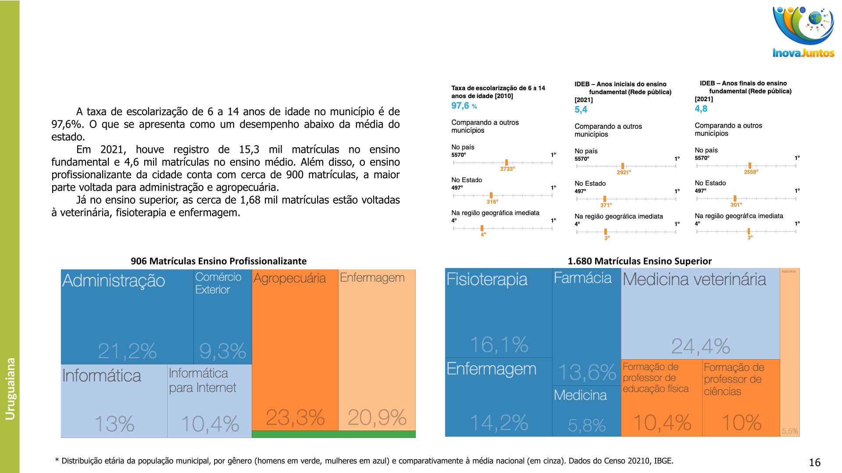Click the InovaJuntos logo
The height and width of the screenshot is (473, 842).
[x=803, y=33]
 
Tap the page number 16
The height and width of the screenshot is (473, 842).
[x=814, y=462]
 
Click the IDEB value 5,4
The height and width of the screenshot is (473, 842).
[x=581, y=109]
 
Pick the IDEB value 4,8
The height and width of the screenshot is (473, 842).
[x=701, y=109]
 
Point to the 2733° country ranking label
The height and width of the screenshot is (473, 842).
[x=507, y=169]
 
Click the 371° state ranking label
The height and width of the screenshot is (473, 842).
[x=606, y=205]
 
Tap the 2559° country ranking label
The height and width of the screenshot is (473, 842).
[x=751, y=172]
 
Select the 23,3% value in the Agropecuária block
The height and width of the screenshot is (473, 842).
[x=295, y=417]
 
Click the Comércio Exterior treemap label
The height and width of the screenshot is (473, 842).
[x=218, y=283]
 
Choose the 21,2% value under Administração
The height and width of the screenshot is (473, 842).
[x=127, y=350]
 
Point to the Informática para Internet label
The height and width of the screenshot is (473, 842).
[x=202, y=380]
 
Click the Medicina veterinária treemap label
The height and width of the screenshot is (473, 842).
[x=694, y=279]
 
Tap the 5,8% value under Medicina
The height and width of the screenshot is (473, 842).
[x=586, y=425]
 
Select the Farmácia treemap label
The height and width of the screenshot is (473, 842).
[x=582, y=278]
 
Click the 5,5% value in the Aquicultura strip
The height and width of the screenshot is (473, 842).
[x=789, y=431]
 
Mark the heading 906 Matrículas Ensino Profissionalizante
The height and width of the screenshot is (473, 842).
[x=218, y=261]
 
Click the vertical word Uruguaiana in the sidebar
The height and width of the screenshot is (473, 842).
[x=10, y=388]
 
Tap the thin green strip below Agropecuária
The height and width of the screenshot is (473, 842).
[x=333, y=434]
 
